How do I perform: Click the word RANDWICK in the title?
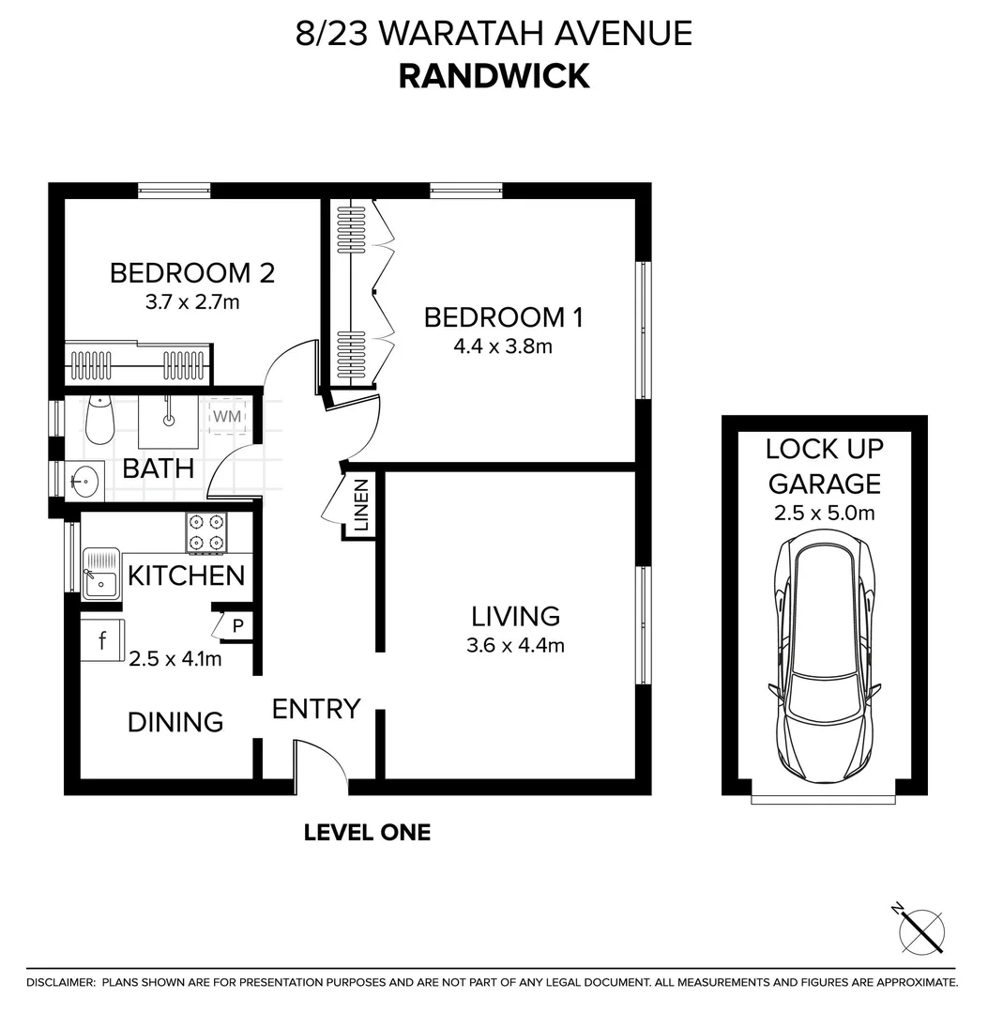point(494,75)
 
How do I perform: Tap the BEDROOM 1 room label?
point(503,317)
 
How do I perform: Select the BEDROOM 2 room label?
point(192,273)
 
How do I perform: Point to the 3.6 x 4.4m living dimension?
point(515,645)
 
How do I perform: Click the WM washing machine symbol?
point(227,415)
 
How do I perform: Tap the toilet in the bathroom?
point(99,420)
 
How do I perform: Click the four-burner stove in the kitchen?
point(206,531)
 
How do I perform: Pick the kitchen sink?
point(99,574)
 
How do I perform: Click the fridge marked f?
point(101,641)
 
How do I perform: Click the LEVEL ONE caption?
point(367,832)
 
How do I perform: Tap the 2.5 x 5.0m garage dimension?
point(824,513)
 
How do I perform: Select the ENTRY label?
point(316,709)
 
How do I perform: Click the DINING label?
point(175,722)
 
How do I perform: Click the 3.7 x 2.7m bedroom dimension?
point(192,301)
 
